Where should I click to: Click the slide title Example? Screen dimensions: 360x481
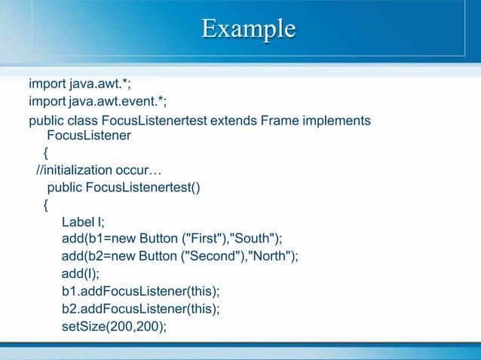[248, 29]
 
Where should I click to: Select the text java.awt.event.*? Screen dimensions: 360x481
[118, 102]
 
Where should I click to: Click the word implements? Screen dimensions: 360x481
[336, 121]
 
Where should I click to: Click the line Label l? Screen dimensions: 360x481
[83, 222]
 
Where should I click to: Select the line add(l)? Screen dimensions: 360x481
[81, 274]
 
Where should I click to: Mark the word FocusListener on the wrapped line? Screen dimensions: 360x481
[89, 136]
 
